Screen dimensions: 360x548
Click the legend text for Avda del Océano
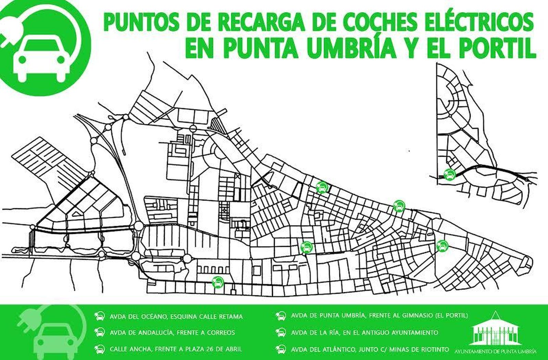pos(176,317)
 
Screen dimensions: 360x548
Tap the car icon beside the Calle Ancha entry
pos(100,349)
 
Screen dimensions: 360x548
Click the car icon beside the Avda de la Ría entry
pos(281,333)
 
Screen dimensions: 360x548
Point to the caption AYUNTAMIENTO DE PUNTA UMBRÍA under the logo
pos(496,351)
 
